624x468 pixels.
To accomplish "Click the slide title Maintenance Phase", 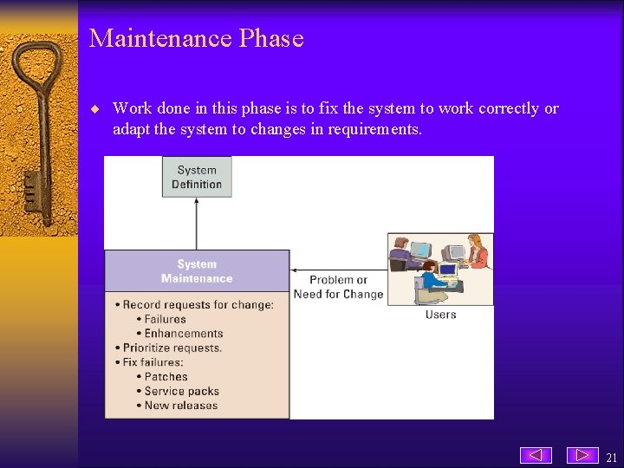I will click(196, 39).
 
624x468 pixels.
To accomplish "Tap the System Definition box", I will click(197, 177).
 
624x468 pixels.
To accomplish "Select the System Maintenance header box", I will click(197, 271).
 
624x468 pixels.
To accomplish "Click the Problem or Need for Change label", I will click(338, 287).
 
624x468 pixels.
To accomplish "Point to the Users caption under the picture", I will click(440, 315).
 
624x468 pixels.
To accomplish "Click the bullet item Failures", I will click(165, 319).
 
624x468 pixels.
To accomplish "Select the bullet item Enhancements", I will click(183, 334).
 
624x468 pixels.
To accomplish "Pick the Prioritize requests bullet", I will click(172, 348).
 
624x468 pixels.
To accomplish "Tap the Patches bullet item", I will click(166, 377).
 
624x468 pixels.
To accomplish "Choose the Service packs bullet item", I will click(180, 391).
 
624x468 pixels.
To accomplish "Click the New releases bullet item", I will click(180, 406).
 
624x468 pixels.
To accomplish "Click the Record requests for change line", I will click(198, 304).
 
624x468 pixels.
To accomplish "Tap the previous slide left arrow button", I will click(536, 455).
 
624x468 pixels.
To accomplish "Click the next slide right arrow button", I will click(582, 455).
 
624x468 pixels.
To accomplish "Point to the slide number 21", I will click(611, 458).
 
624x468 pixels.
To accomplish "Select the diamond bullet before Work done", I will click(96, 109).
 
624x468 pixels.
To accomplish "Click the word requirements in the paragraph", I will click(374, 130).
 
